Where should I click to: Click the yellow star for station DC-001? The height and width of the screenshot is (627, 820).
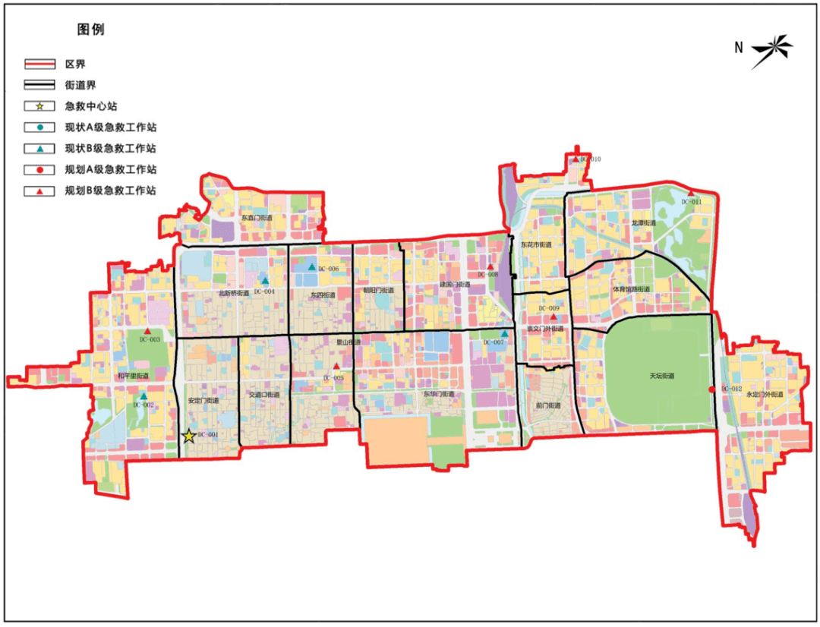point(189,436)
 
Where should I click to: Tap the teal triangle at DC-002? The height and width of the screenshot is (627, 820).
point(143,396)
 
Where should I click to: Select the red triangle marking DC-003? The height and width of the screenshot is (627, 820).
point(149,332)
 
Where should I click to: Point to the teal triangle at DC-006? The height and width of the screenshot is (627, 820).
point(311,267)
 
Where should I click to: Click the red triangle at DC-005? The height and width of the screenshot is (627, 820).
point(336,367)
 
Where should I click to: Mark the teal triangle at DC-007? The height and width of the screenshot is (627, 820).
point(504,333)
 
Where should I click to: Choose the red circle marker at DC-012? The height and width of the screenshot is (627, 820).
point(711,389)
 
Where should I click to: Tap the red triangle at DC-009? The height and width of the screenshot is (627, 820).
point(553,318)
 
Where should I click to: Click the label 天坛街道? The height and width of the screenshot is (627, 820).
point(661,377)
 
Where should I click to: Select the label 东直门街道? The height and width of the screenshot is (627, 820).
point(257,218)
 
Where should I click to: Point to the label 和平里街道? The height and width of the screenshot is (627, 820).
point(132,376)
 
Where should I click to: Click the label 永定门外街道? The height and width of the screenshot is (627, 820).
point(764,394)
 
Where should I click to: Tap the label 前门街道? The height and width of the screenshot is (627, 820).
point(547,405)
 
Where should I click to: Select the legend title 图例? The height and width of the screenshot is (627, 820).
point(90,30)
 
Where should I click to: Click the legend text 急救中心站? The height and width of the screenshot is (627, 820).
point(91,106)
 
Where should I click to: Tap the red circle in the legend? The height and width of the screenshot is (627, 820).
point(39,169)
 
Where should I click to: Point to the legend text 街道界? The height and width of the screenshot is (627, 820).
point(80,85)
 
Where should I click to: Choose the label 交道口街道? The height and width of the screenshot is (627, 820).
point(263,395)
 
